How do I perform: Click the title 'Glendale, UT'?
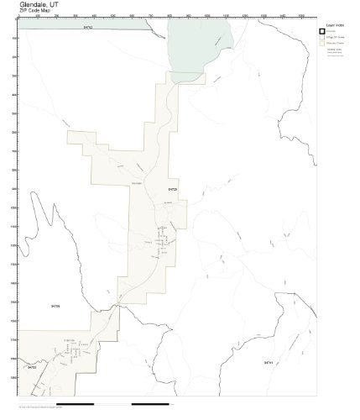click(x=33, y=4)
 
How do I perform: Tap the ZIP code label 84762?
click(x=88, y=28)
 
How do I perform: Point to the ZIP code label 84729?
click(x=172, y=188)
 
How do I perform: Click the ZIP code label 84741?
click(x=269, y=362)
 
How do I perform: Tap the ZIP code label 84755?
click(x=31, y=367)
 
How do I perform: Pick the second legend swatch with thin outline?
click(x=321, y=39)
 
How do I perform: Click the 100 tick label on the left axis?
click(x=13, y=38)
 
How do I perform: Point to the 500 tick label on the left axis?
click(x=13, y=114)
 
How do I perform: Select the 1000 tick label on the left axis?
click(x=13, y=208)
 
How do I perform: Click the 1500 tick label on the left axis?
click(x=13, y=302)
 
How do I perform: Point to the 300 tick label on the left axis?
click(x=13, y=76)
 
